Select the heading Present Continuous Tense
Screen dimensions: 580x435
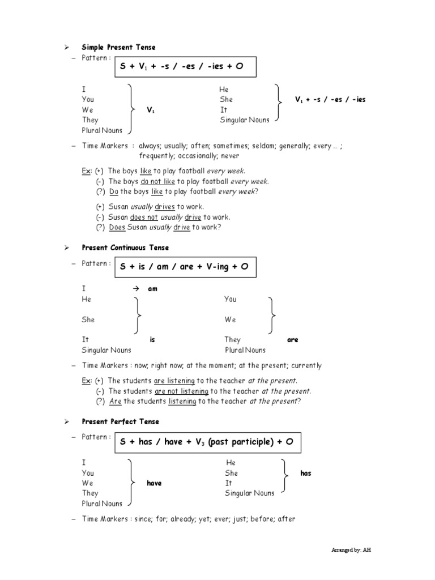(125, 248)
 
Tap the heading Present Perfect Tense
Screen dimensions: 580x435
(120, 421)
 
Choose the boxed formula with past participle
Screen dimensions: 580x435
(207, 442)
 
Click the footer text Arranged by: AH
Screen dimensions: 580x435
(352, 550)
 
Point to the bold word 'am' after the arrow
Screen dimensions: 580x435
(152, 289)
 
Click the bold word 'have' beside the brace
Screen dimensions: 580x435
(154, 483)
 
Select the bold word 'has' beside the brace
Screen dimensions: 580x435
(306, 473)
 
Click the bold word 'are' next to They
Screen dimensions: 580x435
(292, 340)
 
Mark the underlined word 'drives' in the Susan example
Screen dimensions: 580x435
(165, 207)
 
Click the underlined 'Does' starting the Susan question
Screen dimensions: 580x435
(116, 227)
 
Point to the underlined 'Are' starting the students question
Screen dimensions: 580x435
(115, 401)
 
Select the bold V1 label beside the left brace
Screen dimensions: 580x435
(151, 110)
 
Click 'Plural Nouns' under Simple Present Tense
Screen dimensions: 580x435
(102, 130)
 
